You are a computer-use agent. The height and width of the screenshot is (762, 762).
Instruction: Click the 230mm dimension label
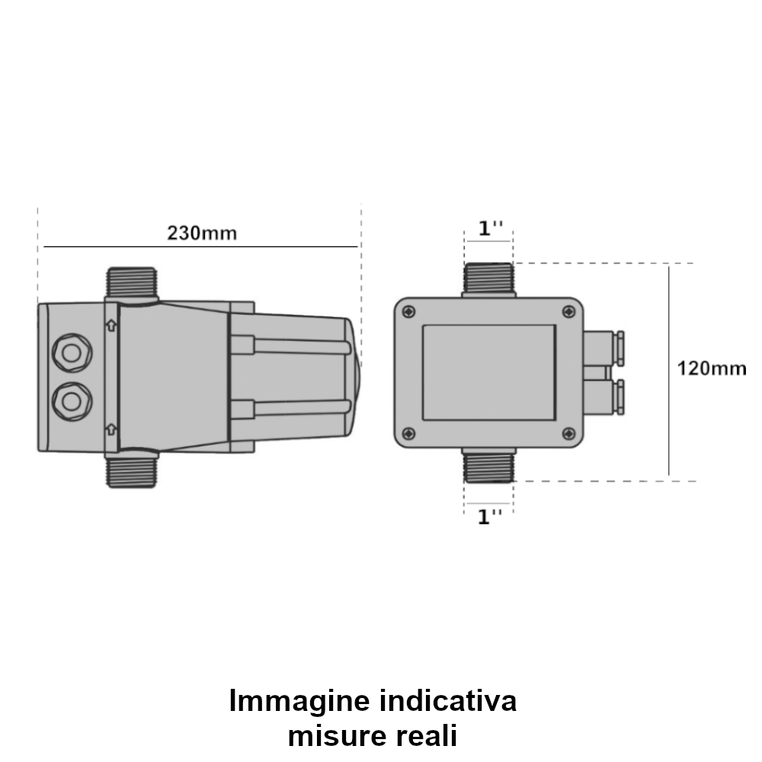pyautogui.click(x=202, y=233)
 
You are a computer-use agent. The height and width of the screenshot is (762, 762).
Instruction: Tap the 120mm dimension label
pyautogui.click(x=712, y=369)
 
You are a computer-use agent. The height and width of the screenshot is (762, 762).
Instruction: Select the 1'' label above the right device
pyautogui.click(x=490, y=229)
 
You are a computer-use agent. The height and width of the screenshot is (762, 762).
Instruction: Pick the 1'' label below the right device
pyautogui.click(x=490, y=517)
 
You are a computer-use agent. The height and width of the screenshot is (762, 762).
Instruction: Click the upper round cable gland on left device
pyautogui.click(x=71, y=352)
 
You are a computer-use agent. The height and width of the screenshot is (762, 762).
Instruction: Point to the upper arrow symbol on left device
pyautogui.click(x=111, y=326)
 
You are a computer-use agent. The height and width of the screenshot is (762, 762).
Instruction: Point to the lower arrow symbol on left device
pyautogui.click(x=111, y=427)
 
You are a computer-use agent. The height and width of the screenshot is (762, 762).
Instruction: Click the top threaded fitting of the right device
pyautogui.click(x=489, y=279)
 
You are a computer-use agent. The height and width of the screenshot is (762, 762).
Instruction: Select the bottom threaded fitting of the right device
pyautogui.click(x=489, y=465)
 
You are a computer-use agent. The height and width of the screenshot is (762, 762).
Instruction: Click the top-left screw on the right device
pyautogui.click(x=409, y=312)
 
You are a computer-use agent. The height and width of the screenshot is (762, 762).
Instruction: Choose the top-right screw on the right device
pyautogui.click(x=568, y=312)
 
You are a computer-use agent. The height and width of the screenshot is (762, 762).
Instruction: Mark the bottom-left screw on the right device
pyautogui.click(x=409, y=434)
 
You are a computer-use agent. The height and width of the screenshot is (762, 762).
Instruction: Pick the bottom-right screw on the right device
pyautogui.click(x=568, y=434)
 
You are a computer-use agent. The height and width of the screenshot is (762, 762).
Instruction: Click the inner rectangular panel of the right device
pyautogui.click(x=488, y=372)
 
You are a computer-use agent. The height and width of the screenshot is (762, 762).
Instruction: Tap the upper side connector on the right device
pyautogui.click(x=604, y=347)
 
